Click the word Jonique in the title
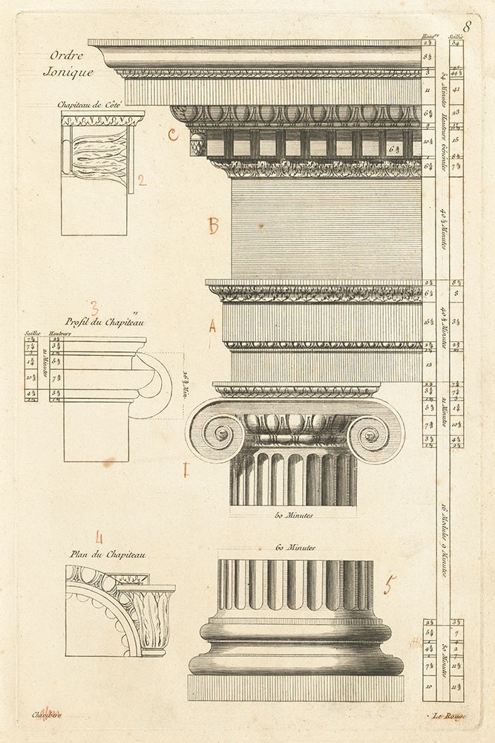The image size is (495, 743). tap(68, 73)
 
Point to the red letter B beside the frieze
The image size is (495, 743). tap(213, 226)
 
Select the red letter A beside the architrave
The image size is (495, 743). tap(212, 325)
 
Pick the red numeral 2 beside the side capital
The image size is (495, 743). tap(142, 178)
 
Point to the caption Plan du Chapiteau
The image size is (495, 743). tap(99, 554)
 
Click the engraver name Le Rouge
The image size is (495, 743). tap(449, 716)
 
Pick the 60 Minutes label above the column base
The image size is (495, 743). tap(295, 548)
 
